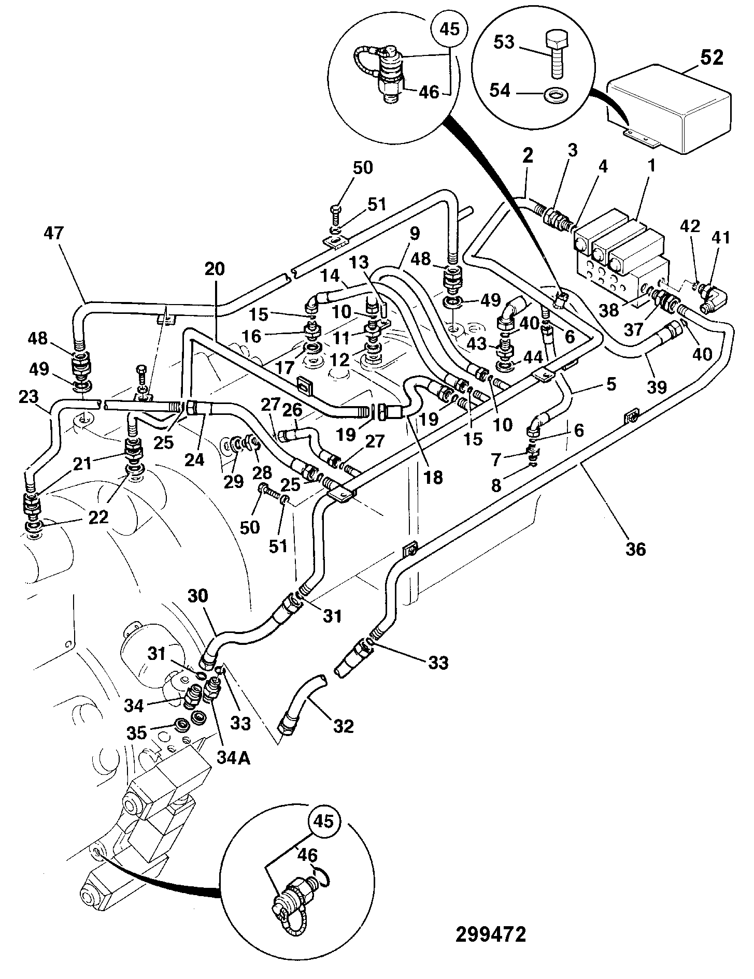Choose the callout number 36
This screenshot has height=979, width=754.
[x=635, y=548]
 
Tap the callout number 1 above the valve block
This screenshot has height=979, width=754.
[x=651, y=166]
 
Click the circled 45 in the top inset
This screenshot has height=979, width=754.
[x=449, y=29]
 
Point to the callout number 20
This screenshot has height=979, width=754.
[x=215, y=269]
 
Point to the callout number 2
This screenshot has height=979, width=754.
[x=528, y=156]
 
